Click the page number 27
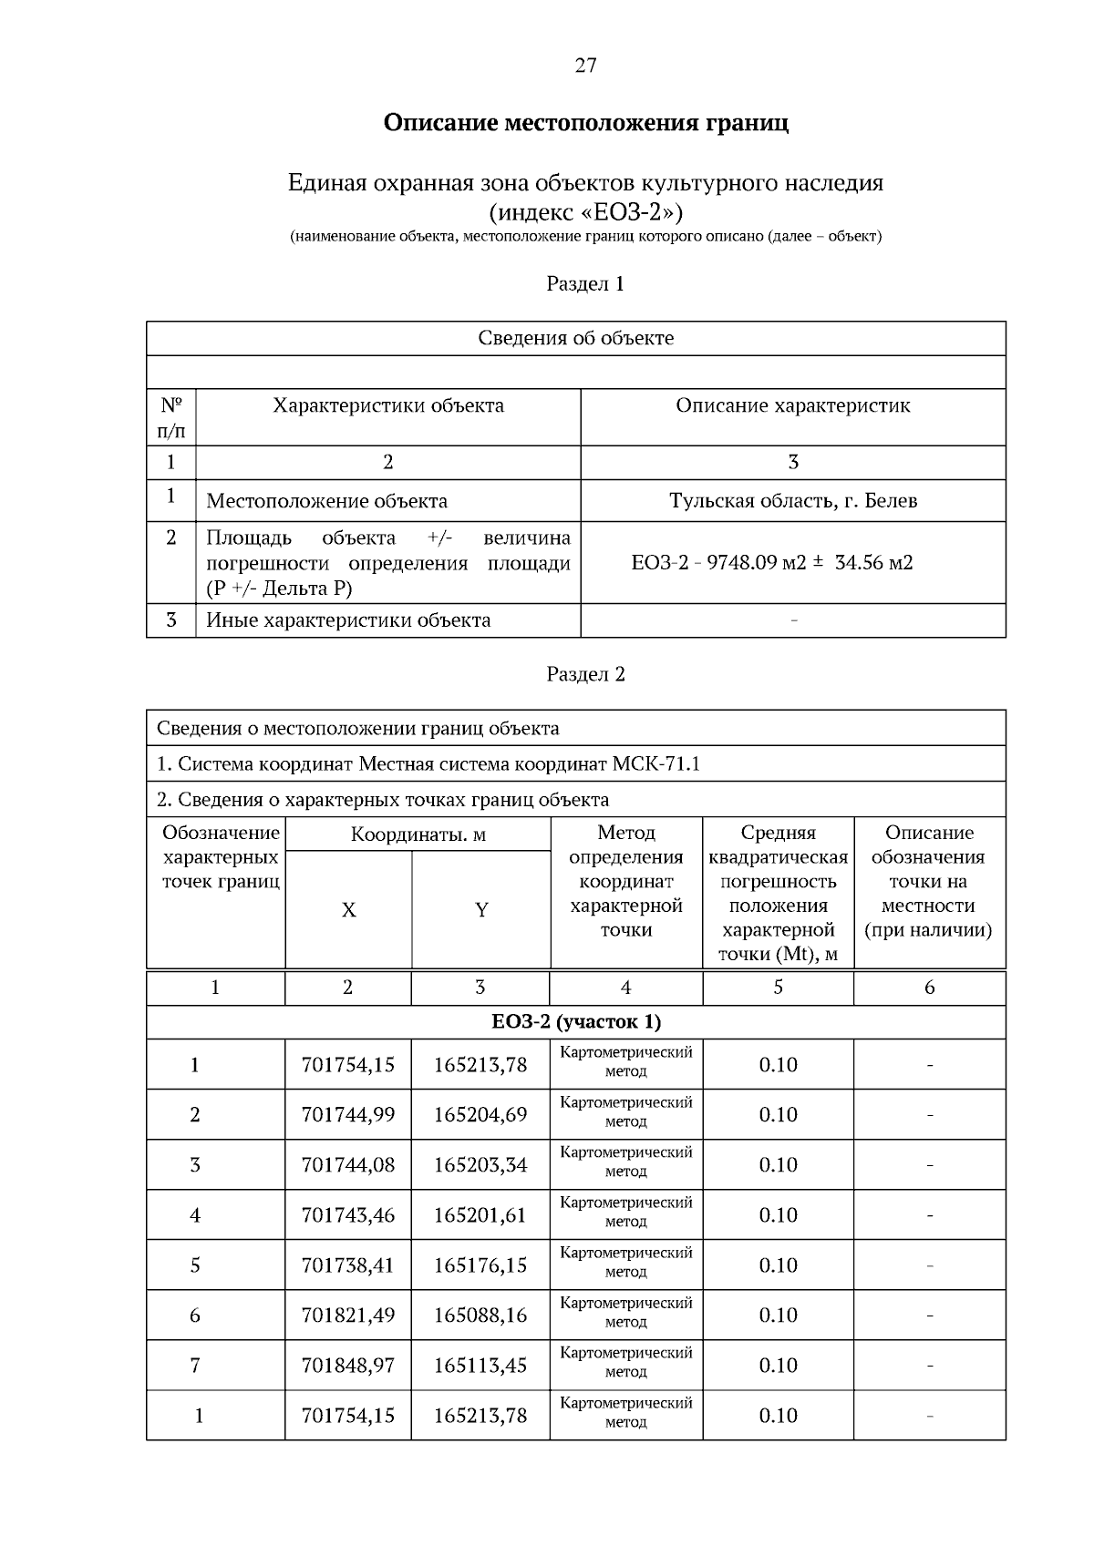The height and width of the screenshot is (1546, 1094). coord(585,65)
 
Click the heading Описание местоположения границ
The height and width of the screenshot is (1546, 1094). coord(585,122)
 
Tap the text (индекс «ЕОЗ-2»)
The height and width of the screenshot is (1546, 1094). coord(585,212)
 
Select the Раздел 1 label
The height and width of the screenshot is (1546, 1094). coord(585,283)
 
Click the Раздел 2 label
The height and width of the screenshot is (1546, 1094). coord(585,674)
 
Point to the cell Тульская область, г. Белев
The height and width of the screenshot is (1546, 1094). coord(793,500)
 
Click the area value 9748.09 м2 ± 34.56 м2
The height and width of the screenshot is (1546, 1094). coord(772,562)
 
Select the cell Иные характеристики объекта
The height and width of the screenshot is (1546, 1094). coord(348,620)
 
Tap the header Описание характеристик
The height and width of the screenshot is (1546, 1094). coord(792,405)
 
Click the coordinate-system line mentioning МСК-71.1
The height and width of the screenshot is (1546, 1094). coord(428,763)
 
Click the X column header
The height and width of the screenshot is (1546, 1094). coord(348,910)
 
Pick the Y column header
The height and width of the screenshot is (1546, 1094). coord(480,910)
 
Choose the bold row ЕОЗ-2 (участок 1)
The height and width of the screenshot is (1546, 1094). coord(576,1022)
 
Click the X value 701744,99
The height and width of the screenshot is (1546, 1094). coord(348,1115)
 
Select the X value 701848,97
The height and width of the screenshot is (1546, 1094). coord(348,1366)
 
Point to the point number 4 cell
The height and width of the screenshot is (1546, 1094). coord(195,1215)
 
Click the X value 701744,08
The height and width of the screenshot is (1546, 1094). coord(348,1165)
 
